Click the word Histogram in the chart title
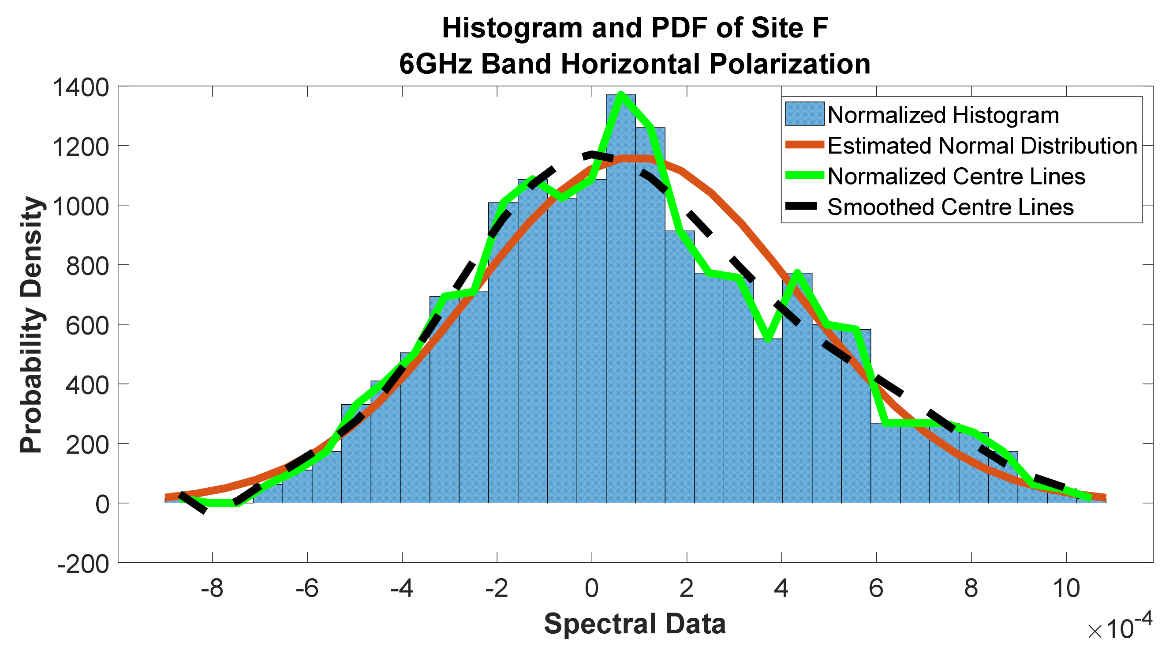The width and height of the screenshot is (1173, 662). (512, 28)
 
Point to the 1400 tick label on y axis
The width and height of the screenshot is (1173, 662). (81, 87)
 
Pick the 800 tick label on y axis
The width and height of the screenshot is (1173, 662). (87, 266)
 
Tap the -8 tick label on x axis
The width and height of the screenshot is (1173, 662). (212, 589)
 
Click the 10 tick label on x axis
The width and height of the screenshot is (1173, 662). (1065, 589)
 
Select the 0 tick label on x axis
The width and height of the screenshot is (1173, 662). (591, 589)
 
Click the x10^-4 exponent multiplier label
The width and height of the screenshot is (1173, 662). (1119, 628)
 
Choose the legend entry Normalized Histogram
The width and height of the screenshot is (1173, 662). (943, 115)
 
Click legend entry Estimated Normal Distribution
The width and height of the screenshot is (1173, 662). (982, 146)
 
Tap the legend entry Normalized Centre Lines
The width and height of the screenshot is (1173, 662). (956, 177)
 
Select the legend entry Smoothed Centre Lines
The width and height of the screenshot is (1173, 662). (950, 207)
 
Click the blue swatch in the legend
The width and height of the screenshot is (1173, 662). (804, 114)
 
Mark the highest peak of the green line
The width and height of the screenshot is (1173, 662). (620, 94)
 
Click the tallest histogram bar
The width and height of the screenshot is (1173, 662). (620, 296)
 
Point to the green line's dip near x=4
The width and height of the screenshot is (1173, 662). (768, 339)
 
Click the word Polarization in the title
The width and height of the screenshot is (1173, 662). (790, 64)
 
